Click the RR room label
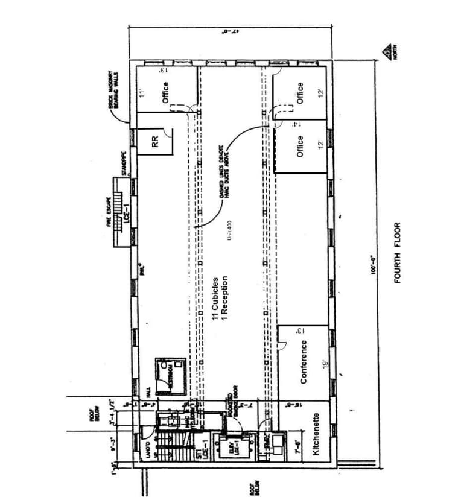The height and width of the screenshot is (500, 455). [x=156, y=142]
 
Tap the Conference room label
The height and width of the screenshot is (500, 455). [x=304, y=361]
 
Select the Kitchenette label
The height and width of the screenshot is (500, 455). [x=316, y=434]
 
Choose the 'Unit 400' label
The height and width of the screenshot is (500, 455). [x=230, y=232]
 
